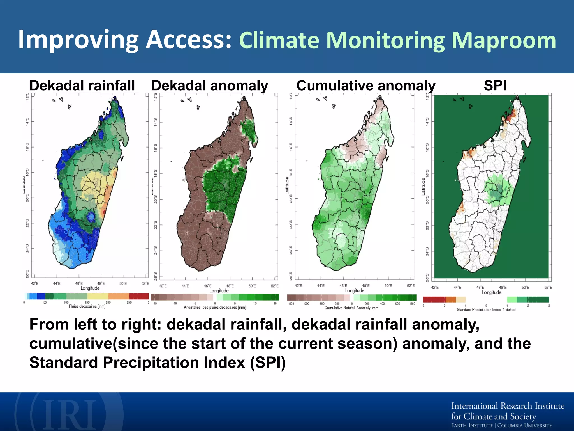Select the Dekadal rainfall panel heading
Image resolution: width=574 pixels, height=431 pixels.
pyautogui.click(x=82, y=85)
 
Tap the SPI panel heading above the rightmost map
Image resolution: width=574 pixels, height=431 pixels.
pyautogui.click(x=495, y=85)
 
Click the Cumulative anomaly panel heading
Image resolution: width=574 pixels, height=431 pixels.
pyautogui.click(x=366, y=86)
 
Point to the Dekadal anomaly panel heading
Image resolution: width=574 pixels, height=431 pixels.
pyautogui.click(x=210, y=86)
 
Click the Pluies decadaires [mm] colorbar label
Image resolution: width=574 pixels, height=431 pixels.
pyautogui.click(x=87, y=306)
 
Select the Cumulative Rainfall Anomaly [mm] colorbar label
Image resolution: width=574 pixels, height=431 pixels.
pyautogui.click(x=352, y=308)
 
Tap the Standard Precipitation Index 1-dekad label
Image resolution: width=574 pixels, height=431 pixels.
pyautogui.click(x=486, y=310)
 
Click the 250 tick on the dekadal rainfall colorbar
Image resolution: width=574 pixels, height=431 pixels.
pyautogui.click(x=129, y=302)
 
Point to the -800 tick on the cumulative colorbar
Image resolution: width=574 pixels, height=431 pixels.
pyautogui.click(x=291, y=304)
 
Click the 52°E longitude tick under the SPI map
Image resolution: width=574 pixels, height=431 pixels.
pyautogui.click(x=548, y=288)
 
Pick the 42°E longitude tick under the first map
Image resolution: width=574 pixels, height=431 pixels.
pyautogui.click(x=35, y=284)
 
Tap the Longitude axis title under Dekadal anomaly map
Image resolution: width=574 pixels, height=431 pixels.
pyautogui.click(x=219, y=291)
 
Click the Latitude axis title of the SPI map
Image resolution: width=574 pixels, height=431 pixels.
pyautogui.click(x=423, y=187)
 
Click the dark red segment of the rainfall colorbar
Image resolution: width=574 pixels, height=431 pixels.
pyautogui.click(x=139, y=296)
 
